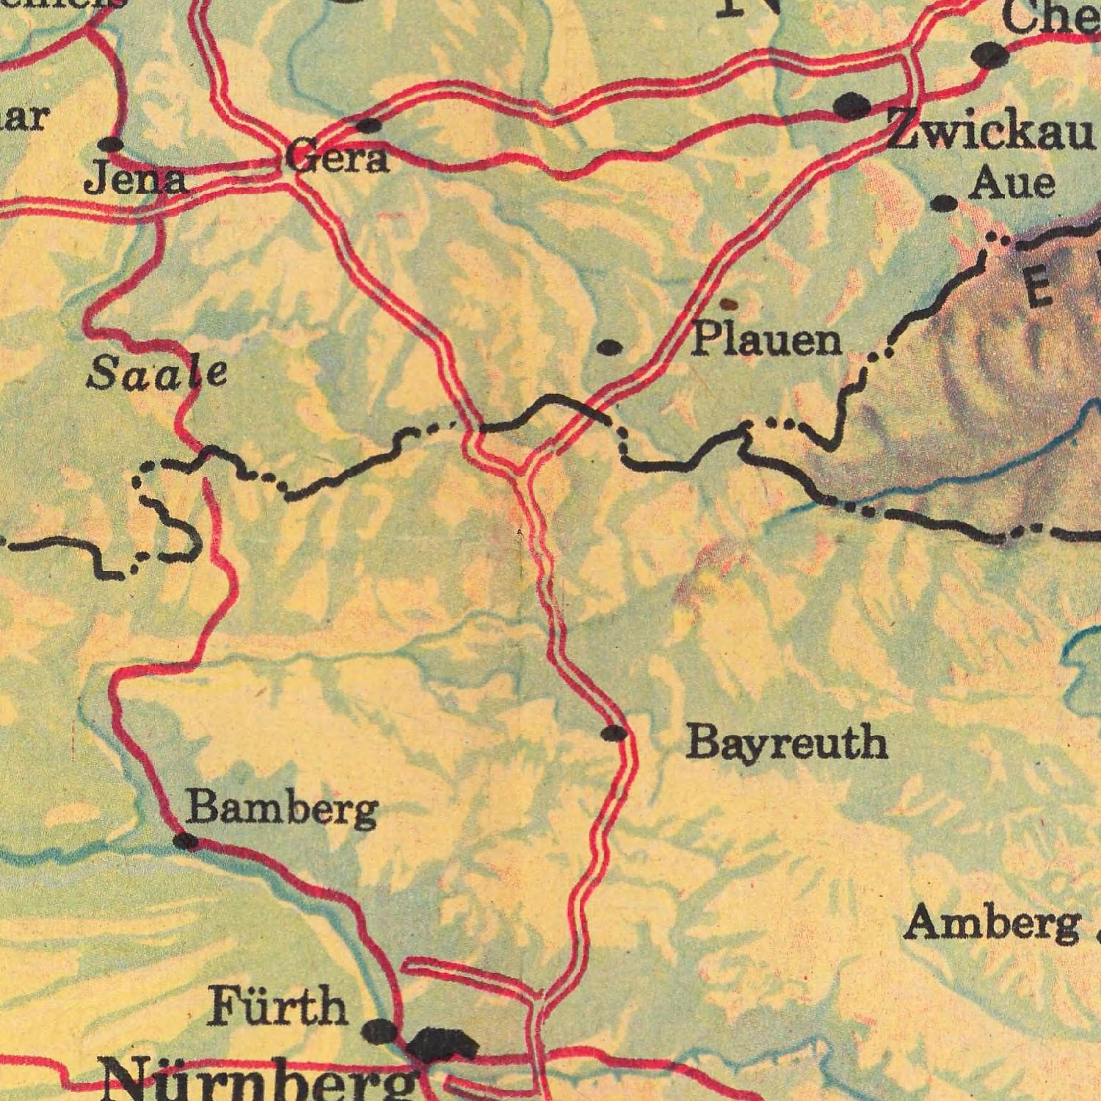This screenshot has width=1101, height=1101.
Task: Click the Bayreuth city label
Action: click(787, 743)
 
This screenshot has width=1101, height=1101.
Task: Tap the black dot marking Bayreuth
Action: click(614, 733)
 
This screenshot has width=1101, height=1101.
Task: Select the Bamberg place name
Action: click(282, 810)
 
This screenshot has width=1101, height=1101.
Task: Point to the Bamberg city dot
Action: click(186, 841)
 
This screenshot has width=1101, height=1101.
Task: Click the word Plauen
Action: click(768, 340)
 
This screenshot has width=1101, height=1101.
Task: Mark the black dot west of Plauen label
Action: click(610, 346)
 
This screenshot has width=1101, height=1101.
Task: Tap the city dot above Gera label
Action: click(369, 125)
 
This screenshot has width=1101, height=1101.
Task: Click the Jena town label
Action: click(135, 180)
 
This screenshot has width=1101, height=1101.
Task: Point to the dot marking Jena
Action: click(111, 144)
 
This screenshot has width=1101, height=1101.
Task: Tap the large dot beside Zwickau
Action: click(852, 107)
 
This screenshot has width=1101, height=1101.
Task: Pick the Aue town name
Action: click(1012, 183)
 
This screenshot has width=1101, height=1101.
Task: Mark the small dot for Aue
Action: click(944, 203)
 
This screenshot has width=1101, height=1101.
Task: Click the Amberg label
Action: click(992, 923)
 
